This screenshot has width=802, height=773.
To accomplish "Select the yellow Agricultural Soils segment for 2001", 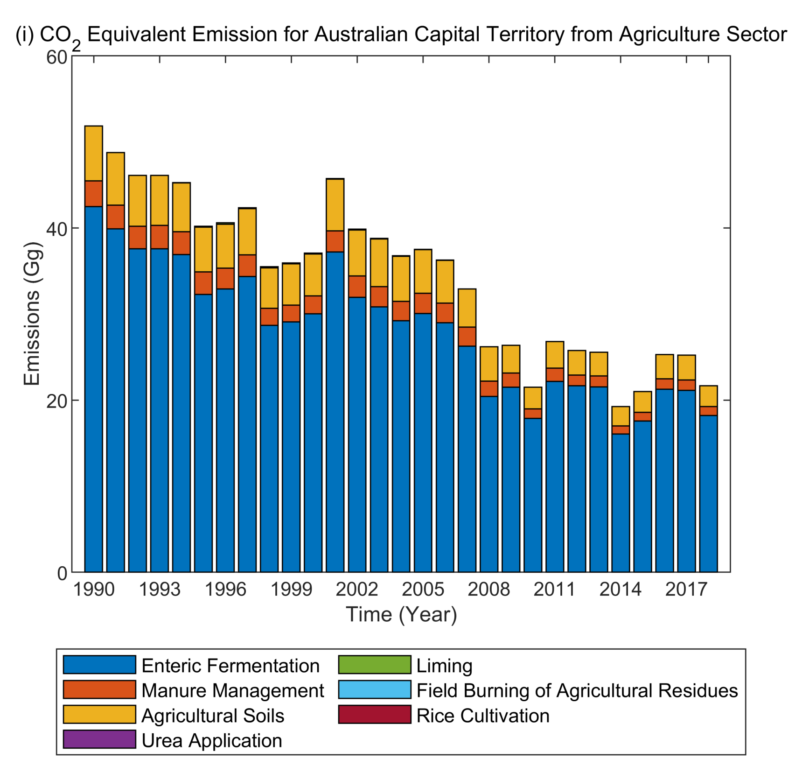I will click(x=335, y=204).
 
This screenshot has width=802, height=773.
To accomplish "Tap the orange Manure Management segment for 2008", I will click(x=488, y=388).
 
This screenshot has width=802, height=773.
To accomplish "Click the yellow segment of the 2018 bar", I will click(x=708, y=396).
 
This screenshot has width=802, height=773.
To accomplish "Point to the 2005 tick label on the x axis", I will click(x=423, y=590).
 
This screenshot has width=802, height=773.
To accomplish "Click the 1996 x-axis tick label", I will click(x=225, y=590).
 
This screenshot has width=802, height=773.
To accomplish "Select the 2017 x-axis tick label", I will click(x=686, y=590).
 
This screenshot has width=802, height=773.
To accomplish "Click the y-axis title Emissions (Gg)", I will click(x=32, y=314).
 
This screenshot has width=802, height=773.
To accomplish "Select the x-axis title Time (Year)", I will click(x=401, y=614).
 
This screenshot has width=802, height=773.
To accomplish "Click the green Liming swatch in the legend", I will click(x=375, y=665).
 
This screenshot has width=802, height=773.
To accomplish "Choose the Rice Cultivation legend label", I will click(x=483, y=715).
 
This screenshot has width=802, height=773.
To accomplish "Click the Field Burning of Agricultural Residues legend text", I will click(x=577, y=690).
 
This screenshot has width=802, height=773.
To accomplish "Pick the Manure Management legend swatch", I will click(x=99, y=689).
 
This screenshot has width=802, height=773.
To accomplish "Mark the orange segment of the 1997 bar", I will click(x=247, y=266).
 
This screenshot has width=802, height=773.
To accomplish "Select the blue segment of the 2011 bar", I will click(x=554, y=476).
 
